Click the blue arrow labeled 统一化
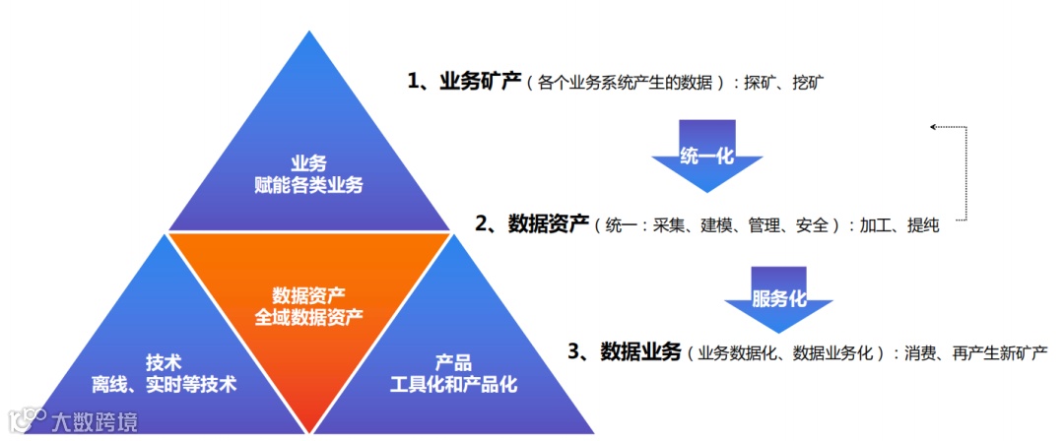click(x=706, y=155)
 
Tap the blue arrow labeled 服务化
click(x=778, y=298)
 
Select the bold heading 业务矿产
click(x=479, y=82)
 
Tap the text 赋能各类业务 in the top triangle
click(x=308, y=183)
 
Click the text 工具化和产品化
click(x=454, y=383)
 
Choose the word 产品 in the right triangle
click(x=454, y=361)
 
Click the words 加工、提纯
click(x=898, y=226)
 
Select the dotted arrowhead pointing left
click(x=933, y=127)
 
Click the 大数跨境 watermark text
click(x=95, y=422)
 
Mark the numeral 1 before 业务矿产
click(x=414, y=82)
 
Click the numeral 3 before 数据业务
click(x=575, y=351)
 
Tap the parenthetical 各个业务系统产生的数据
click(x=631, y=84)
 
